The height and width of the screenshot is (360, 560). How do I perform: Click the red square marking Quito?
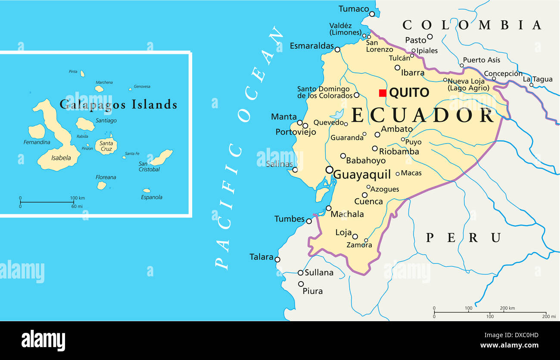click(x=382, y=93)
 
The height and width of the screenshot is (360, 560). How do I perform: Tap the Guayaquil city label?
click(x=362, y=175)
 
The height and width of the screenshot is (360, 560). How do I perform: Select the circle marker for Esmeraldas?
click(x=337, y=50)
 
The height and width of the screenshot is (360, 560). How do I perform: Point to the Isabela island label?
click(x=61, y=158)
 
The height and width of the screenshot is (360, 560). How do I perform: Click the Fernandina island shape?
click(x=37, y=131)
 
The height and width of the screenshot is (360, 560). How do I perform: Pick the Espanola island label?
click(x=152, y=197)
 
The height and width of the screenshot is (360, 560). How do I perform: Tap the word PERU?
click(x=464, y=238)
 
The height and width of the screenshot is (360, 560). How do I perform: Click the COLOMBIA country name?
click(x=472, y=25)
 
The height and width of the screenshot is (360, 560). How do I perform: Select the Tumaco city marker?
click(x=372, y=14)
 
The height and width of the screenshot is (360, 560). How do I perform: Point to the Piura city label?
click(x=312, y=291)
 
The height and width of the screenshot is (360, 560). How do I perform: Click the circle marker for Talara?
click(x=277, y=260)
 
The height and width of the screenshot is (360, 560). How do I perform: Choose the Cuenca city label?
click(x=368, y=201)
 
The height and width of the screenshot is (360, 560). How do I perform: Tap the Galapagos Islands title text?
click(x=118, y=104)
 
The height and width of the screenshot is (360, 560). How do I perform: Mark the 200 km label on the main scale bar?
click(x=507, y=308)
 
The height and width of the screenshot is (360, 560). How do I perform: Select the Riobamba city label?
click(x=399, y=151)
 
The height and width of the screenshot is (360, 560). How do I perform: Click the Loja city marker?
click(x=355, y=236)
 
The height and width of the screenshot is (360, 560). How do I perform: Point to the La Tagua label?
click(x=538, y=79)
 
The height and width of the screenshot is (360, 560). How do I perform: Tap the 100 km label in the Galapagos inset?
click(x=78, y=198)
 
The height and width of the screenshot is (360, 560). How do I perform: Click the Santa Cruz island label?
click(x=106, y=146)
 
